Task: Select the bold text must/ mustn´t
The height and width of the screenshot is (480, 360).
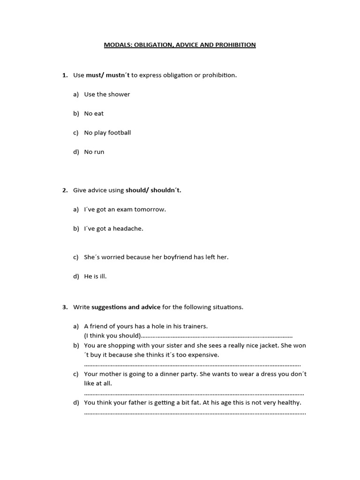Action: click(108, 75)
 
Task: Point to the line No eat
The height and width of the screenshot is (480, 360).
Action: click(94, 113)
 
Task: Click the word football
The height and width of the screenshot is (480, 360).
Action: click(120, 133)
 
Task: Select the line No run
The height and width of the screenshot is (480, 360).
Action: click(94, 152)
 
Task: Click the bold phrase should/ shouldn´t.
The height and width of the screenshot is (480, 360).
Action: click(153, 190)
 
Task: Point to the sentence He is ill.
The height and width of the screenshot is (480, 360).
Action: click(95, 277)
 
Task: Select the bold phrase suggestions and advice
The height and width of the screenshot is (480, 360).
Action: click(126, 307)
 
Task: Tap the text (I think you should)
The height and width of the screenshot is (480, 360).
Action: click(112, 336)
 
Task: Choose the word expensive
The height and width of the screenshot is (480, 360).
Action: click(202, 355)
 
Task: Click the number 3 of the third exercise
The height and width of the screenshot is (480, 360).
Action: click(65, 307)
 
